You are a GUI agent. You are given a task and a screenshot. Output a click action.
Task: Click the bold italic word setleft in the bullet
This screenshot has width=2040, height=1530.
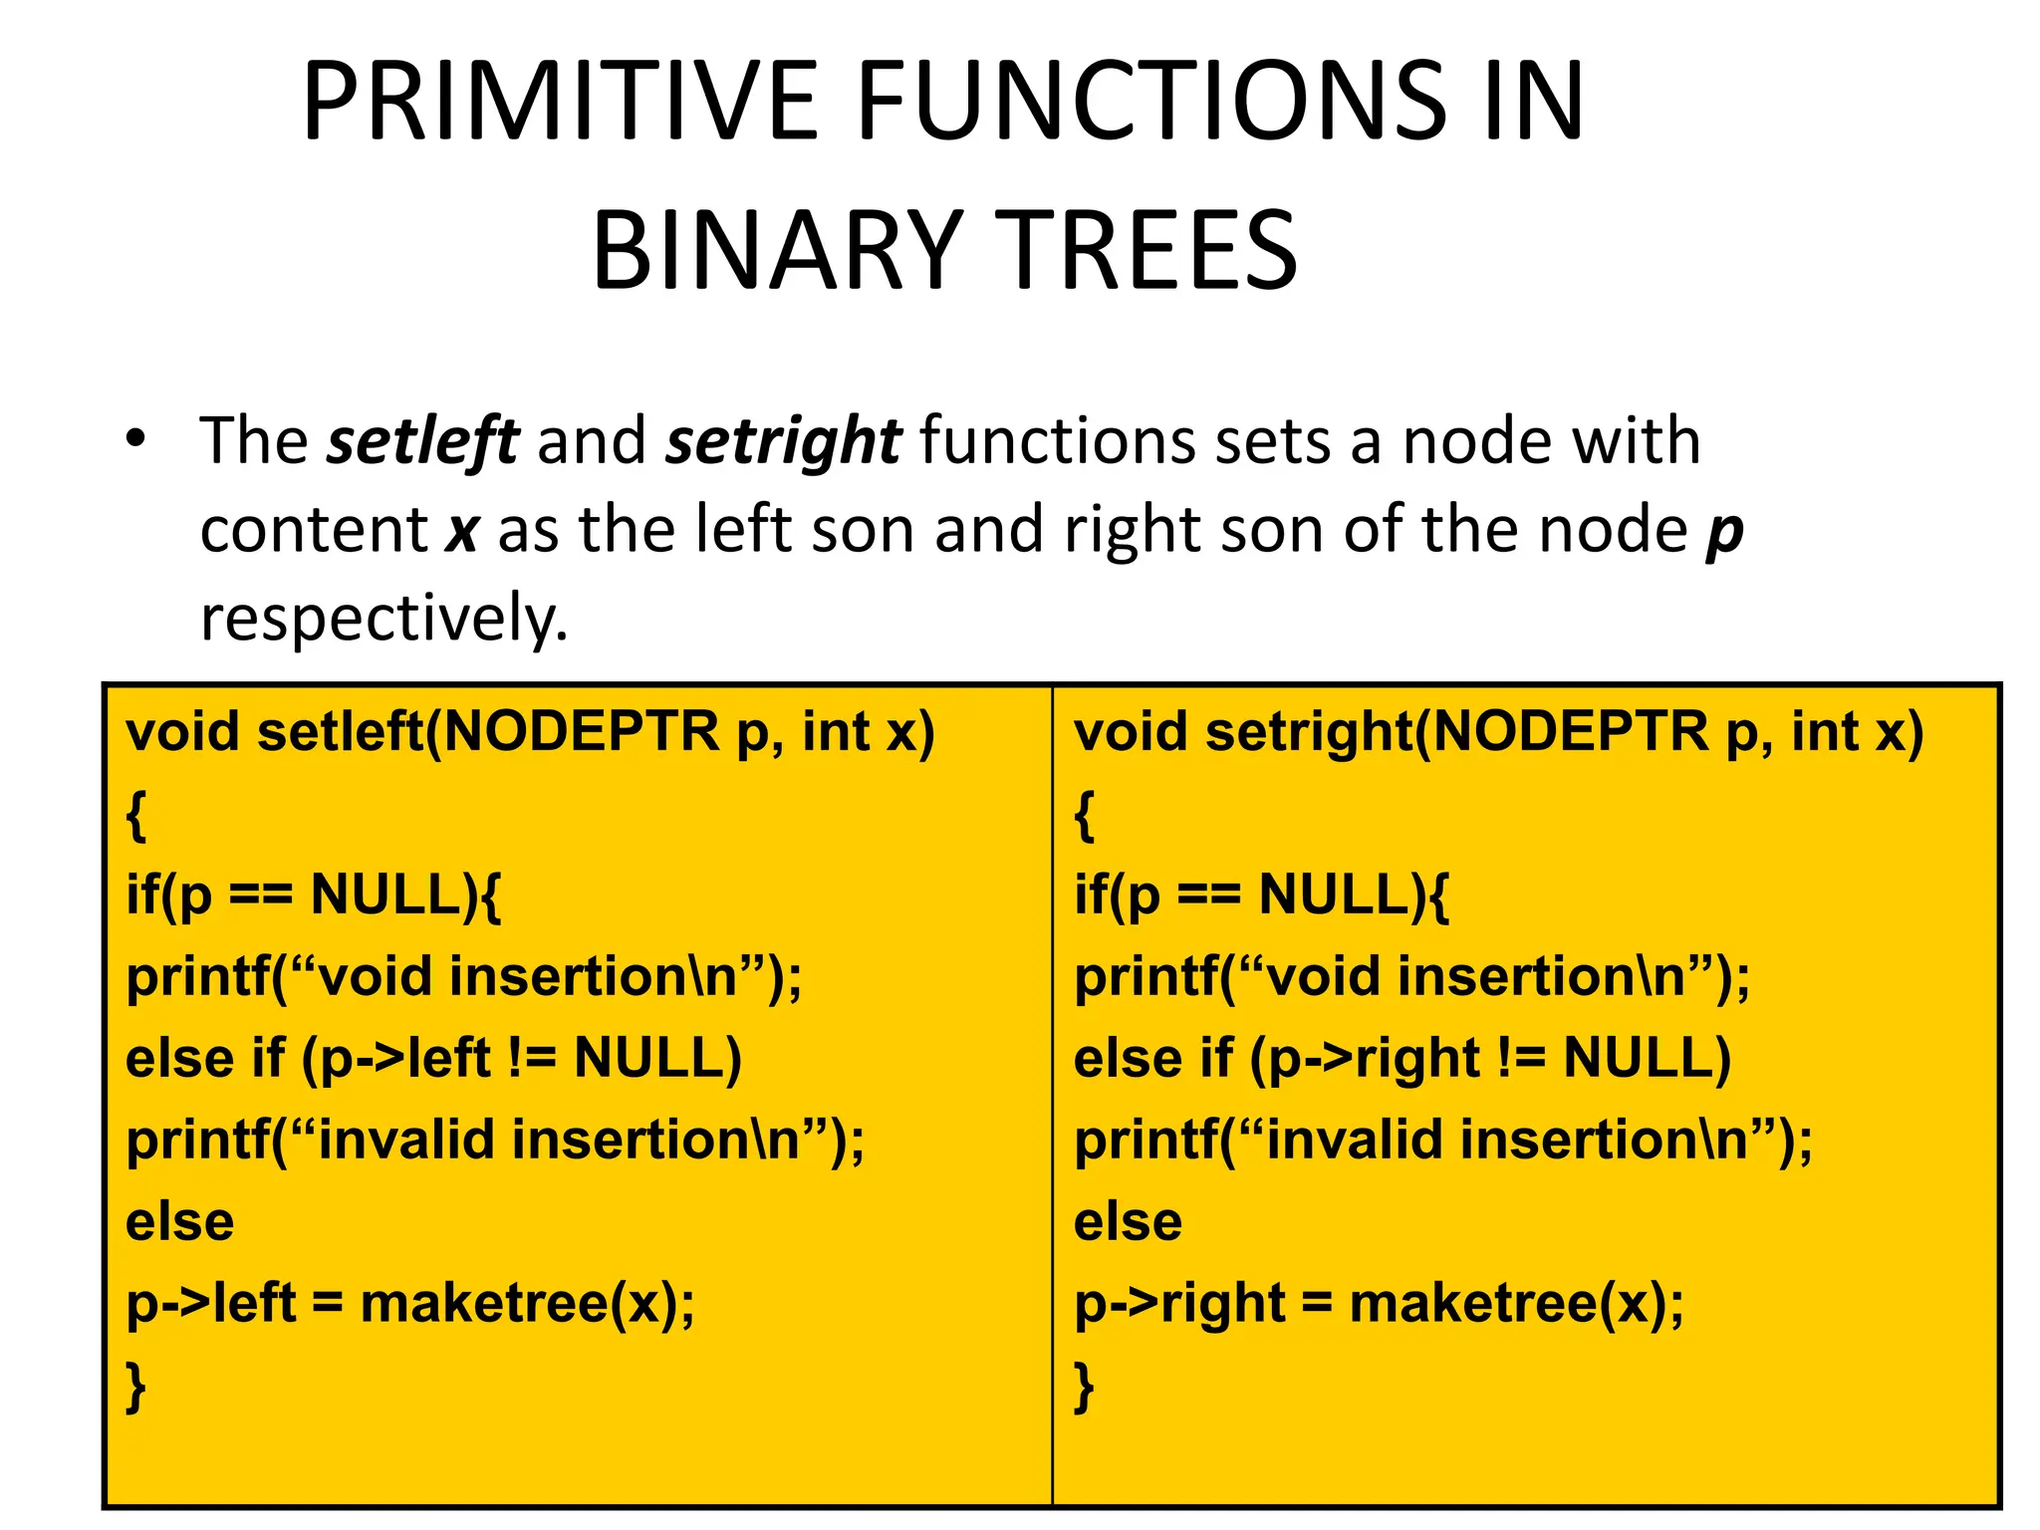[x=422, y=441]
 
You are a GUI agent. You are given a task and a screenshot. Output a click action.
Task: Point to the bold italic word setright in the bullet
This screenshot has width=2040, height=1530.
[x=783, y=441]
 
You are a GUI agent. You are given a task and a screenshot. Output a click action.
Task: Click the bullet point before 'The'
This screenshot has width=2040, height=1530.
[x=136, y=438]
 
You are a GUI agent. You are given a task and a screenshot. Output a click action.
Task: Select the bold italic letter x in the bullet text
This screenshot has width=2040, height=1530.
[x=462, y=531]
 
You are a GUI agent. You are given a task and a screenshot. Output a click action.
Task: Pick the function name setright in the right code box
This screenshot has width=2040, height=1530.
[x=1309, y=732]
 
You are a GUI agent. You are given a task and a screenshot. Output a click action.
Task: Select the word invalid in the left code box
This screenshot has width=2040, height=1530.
[x=406, y=1140]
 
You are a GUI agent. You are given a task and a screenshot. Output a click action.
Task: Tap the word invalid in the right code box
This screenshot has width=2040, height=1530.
[x=1355, y=1140]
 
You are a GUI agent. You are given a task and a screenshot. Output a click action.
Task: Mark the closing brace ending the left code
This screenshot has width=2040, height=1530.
[x=136, y=1387]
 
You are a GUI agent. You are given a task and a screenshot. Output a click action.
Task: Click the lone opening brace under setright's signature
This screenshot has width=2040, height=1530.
[x=1085, y=817]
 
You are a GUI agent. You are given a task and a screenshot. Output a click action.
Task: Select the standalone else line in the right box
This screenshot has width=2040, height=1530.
[x=1128, y=1221]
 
